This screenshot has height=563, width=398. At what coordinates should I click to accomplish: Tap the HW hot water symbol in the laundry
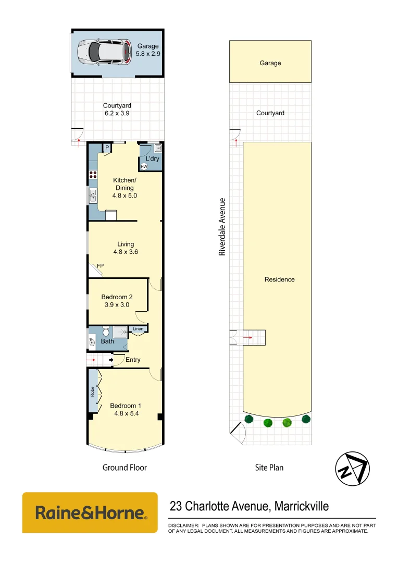pyautogui.click(x=144, y=167)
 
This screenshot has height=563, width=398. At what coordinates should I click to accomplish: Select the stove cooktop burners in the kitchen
pyautogui.click(x=93, y=175)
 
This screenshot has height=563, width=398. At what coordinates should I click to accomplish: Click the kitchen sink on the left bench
pyautogui.click(x=93, y=195)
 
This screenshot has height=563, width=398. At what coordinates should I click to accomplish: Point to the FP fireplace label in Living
pyautogui.click(x=100, y=265)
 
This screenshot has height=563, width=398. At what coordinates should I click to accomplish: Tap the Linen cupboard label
pyautogui.click(x=138, y=329)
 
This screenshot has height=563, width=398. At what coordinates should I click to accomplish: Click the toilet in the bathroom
pyautogui.click(x=106, y=332)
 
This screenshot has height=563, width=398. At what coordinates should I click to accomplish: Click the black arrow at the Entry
pyautogui.click(x=111, y=360)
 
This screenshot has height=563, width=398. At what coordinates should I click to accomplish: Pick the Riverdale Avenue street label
pyautogui.click(x=222, y=226)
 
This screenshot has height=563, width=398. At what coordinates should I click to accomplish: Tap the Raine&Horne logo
pyautogui.click(x=90, y=512)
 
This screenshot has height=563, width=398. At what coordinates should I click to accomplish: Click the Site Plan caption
pyautogui.click(x=269, y=468)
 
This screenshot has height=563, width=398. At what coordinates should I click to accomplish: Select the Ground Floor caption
pyautogui.click(x=125, y=468)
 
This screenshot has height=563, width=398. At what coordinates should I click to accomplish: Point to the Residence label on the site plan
pyautogui.click(x=279, y=279)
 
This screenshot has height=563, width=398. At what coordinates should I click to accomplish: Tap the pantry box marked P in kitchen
pyautogui.click(x=107, y=148)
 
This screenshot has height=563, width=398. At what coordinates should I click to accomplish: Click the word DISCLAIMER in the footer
pyautogui.click(x=183, y=525)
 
